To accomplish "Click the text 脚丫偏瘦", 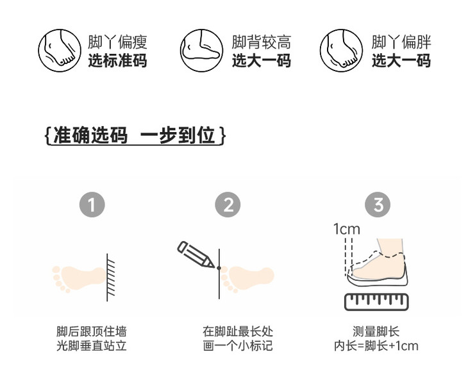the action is [117, 43].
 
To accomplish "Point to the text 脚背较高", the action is [262, 43].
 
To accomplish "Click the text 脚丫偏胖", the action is [401, 43].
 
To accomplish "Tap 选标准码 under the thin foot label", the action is [117, 61].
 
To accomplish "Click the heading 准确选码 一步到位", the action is [135, 136].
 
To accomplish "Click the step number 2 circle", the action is [229, 205].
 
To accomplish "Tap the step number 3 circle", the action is [378, 205].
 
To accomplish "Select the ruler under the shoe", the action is [376, 302].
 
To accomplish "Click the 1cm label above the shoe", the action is [346, 229].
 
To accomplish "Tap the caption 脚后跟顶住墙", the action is [92, 331].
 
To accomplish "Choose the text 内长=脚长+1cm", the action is [376, 346].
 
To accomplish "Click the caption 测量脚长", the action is [376, 331].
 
